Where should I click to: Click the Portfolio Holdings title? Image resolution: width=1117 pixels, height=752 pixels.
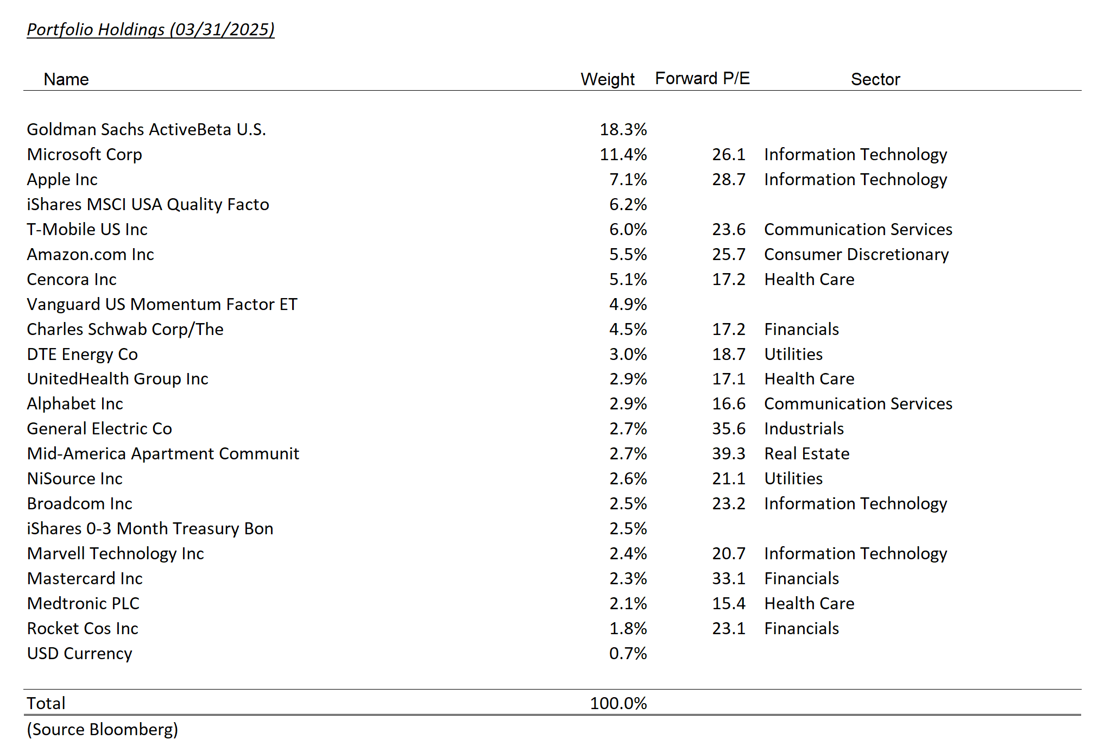pos(150,29)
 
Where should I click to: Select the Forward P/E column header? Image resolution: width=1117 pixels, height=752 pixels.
pos(702,79)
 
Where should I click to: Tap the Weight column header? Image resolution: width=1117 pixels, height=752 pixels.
pos(607,79)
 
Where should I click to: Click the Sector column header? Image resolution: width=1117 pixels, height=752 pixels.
pos(875,79)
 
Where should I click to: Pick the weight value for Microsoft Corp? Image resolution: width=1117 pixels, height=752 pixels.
pos(623,155)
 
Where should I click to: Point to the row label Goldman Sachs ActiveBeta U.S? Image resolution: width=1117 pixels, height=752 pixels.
pos(146,130)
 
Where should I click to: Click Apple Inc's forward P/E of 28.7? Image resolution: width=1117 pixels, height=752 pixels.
pos(728,180)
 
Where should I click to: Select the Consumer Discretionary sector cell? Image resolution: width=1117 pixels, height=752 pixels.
pos(856,255)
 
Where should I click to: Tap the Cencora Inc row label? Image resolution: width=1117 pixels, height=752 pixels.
pos(72,280)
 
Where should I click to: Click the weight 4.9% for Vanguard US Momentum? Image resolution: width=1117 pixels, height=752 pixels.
pos(628,305)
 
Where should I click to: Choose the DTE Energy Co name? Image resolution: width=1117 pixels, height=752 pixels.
pos(82,355)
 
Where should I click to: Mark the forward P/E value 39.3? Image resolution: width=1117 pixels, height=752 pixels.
pos(728,454)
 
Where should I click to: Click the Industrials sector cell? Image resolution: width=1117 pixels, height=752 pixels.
pos(804,429)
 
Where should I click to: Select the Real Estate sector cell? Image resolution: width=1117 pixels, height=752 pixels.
pos(806,454)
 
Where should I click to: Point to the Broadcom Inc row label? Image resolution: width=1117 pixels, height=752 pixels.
pos(79,504)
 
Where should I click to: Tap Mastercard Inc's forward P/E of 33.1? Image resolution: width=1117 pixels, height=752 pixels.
pos(728,579)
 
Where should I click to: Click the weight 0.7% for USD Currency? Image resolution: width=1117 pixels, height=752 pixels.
pos(628,654)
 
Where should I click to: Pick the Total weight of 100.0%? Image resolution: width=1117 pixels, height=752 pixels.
pos(618,704)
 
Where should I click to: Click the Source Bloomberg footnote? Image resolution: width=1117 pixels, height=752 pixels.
pos(103,730)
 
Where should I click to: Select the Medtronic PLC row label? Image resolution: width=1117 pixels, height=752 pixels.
pos(83,604)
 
